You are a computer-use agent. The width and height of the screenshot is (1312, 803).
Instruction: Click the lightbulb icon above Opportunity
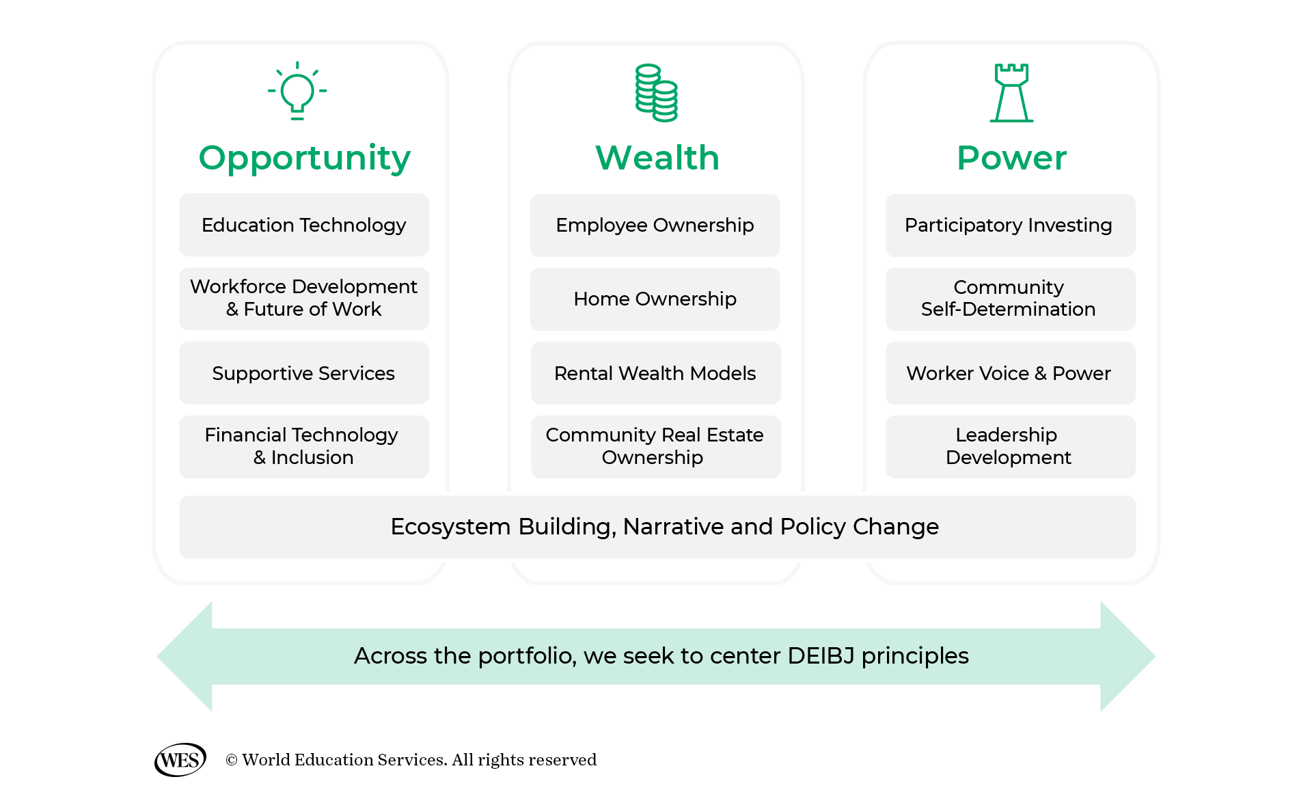pos(297,92)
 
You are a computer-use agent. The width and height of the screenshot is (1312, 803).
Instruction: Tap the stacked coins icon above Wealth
pos(656,93)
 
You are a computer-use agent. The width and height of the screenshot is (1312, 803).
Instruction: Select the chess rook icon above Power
pos(1011,93)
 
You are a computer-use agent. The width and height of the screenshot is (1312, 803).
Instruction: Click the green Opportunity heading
pos(304,158)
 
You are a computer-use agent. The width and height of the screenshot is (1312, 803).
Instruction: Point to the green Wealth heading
pos(657,158)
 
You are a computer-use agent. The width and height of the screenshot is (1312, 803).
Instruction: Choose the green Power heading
pos(1011,158)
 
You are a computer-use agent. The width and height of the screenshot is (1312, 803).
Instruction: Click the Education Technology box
pos(304,225)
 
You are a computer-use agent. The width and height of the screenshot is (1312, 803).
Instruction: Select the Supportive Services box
pos(304,373)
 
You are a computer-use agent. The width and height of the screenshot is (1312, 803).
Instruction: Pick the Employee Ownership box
pos(655,225)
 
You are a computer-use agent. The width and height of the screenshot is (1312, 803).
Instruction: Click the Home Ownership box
pos(655,299)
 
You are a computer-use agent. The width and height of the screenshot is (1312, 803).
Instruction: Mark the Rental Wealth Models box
pos(655,373)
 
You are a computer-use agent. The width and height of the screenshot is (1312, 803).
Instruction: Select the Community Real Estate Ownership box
pos(655,446)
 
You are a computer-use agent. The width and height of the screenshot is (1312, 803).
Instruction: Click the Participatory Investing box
pos(1009,225)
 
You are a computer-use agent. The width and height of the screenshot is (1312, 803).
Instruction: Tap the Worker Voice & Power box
pos(1009,373)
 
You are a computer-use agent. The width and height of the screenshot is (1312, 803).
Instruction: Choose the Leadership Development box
pos(1009,446)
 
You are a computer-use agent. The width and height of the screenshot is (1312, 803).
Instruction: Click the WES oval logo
pos(180,760)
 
